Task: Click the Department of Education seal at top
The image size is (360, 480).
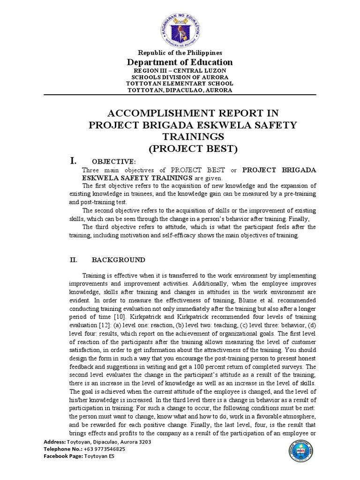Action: pos(180,25)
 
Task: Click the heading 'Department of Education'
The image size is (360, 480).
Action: pos(180,62)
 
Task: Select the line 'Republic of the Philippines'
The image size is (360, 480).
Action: pos(180,53)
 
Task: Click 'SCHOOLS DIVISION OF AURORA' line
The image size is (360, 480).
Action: pos(180,77)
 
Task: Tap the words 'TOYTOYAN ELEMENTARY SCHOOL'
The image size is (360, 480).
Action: pos(180,83)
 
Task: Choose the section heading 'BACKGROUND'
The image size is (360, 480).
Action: pos(118,260)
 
